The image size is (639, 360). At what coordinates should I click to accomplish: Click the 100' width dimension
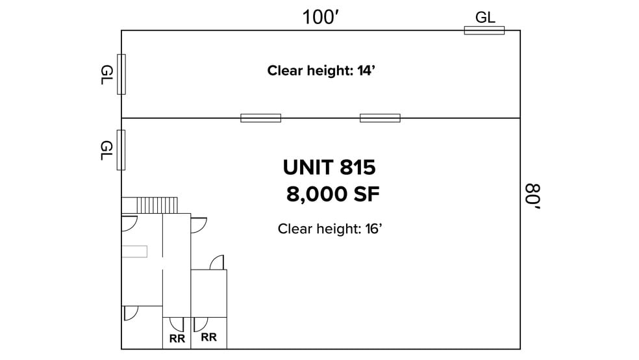tap(321, 18)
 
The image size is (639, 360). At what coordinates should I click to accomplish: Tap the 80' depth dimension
tap(532, 196)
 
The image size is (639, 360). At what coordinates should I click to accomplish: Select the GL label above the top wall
tap(485, 18)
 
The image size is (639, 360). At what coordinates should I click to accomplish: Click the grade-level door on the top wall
tap(484, 30)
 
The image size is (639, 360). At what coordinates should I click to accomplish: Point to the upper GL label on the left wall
tap(106, 75)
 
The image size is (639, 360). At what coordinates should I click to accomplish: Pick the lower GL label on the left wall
tap(106, 151)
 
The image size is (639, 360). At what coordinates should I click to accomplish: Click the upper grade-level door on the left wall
tap(121, 74)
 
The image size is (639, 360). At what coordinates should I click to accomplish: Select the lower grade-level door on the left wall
tap(121, 150)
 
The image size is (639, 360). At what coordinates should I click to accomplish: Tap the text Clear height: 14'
tap(321, 71)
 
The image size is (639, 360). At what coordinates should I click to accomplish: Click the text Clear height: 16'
tap(330, 229)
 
